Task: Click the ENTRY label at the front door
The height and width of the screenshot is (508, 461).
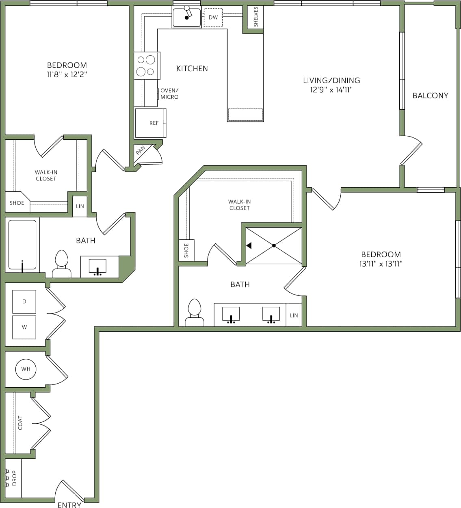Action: pos(69,505)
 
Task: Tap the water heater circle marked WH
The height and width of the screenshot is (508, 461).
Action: pos(26,369)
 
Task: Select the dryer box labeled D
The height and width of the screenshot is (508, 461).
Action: pos(24,302)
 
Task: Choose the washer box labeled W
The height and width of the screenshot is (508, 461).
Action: pos(24,327)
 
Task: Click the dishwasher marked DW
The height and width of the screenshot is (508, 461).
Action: pos(213,17)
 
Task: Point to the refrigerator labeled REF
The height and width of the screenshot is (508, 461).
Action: pos(154,123)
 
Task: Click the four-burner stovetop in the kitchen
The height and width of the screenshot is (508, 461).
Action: pos(146,65)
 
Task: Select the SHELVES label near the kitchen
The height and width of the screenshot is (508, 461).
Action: pos(256,17)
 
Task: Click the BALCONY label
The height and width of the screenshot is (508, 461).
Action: pos(430,96)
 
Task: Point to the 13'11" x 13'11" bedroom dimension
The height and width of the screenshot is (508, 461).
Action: pos(381,264)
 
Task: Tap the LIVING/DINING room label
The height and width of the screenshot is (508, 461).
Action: pos(331,80)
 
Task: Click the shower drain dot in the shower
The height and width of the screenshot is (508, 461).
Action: pos(274,245)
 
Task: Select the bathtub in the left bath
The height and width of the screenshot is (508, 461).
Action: pos(22,245)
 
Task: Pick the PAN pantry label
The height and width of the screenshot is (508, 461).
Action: pos(141,151)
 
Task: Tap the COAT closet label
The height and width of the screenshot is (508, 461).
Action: pos(20,423)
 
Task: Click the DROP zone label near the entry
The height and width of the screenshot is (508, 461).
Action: pos(15,478)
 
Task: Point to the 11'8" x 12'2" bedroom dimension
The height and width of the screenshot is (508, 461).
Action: pos(67,74)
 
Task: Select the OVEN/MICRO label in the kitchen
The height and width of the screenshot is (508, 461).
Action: pos(169,94)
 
